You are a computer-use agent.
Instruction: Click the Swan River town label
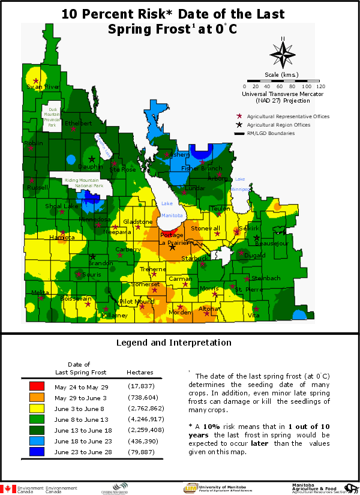(x=43, y=87)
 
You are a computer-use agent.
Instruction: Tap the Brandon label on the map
(x=100, y=263)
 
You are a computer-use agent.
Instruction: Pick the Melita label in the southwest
(x=41, y=292)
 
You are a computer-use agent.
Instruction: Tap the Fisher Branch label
(x=202, y=169)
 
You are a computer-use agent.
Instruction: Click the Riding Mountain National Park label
(x=84, y=183)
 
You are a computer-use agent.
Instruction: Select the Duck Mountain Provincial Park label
(x=53, y=113)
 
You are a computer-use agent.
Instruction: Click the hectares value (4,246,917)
(x=143, y=419)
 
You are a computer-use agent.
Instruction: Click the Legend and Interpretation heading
(x=173, y=343)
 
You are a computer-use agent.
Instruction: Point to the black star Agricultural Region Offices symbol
(x=239, y=124)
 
